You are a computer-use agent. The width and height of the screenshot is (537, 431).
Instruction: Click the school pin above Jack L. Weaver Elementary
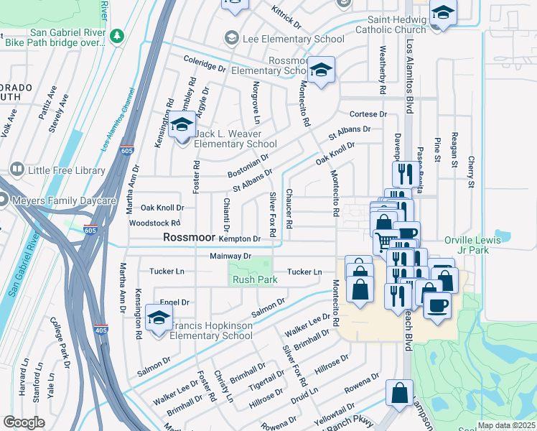pos(182,126)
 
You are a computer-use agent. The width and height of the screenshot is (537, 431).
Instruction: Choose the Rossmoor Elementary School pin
pos(322,69)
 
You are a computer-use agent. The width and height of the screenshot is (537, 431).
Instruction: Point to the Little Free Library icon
pos(17,170)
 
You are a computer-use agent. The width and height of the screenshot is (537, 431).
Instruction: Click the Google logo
pos(24,422)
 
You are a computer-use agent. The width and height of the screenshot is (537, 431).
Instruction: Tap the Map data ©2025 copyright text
pos(506,425)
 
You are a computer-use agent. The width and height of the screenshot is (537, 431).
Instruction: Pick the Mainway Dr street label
pos(230,256)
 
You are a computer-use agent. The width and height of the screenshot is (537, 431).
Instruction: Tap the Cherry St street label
pos(472,173)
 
